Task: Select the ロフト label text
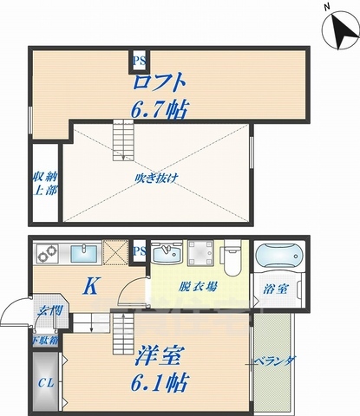[x=159, y=85]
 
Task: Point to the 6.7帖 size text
[x=160, y=111]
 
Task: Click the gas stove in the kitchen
[x=46, y=253]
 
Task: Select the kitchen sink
[x=85, y=253]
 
